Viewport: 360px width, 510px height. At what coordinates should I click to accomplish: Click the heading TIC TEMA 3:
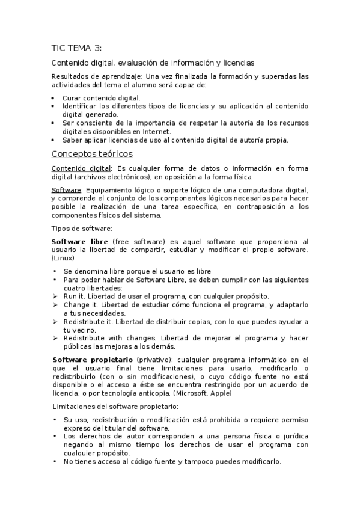[x=76, y=49]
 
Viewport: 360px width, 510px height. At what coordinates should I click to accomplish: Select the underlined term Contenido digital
[x=72, y=168]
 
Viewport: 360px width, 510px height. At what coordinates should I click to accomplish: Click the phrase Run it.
[x=72, y=296]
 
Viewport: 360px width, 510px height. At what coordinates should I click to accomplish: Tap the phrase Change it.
[x=77, y=305]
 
